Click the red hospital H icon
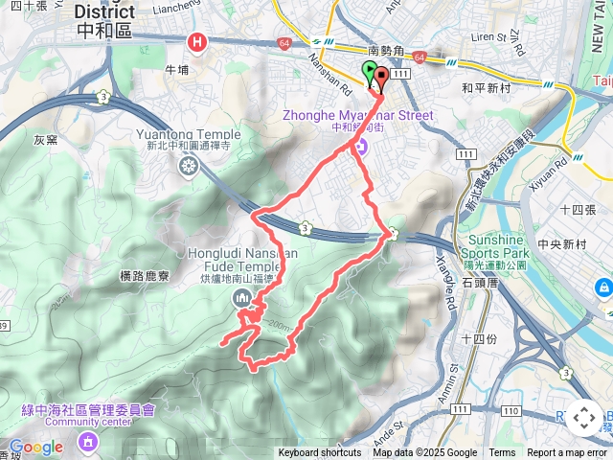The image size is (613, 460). pyautogui.click(x=198, y=42)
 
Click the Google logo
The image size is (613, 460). pyautogui.click(x=34, y=447)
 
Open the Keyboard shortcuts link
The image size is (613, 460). pyautogui.click(x=322, y=453)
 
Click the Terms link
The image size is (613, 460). pyautogui.click(x=502, y=453)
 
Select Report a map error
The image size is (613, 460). pyautogui.click(x=568, y=453)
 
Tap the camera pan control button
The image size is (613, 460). pyautogui.click(x=583, y=418)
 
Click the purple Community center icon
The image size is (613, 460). pyautogui.click(x=88, y=441)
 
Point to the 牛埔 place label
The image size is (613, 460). pyautogui.click(x=177, y=69)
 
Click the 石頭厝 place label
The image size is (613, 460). pyautogui.click(x=480, y=283)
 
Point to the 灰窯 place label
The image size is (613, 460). pyautogui.click(x=46, y=140)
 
